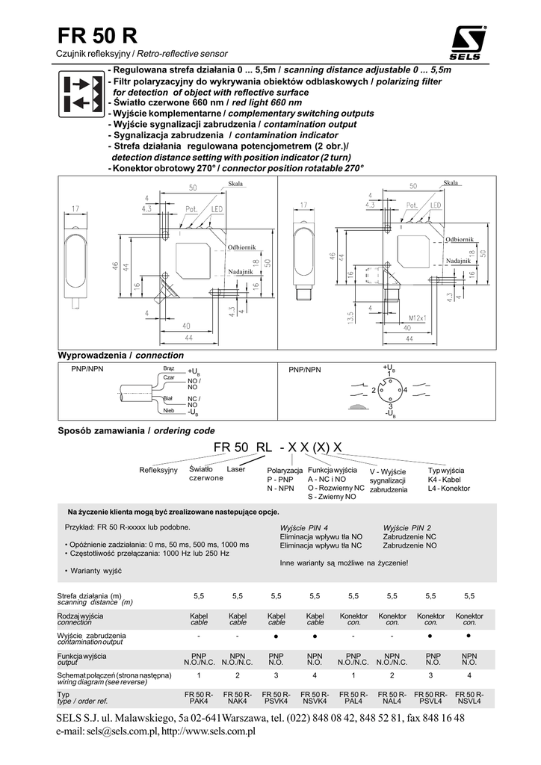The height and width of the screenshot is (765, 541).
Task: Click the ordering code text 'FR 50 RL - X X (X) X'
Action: point(278,447)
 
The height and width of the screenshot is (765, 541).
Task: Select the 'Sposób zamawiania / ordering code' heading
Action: point(136,431)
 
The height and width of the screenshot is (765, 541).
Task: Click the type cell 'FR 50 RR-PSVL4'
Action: point(430,698)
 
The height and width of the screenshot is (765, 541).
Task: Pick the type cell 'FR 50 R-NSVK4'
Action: point(315,698)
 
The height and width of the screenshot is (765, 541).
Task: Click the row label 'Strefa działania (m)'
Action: point(89,595)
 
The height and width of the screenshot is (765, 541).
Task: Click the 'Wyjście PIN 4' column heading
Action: point(304,527)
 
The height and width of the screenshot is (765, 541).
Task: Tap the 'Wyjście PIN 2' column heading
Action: point(407,527)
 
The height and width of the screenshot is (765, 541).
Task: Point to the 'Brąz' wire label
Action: point(168,369)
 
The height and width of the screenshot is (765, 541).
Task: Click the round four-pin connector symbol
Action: point(389,391)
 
